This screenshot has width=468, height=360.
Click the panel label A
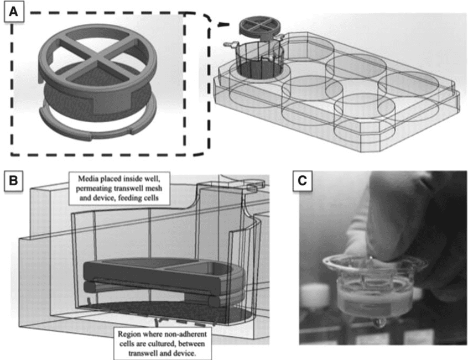(x=14, y=13)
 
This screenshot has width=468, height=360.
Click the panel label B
(x=14, y=179)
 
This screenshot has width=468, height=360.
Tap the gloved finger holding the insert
(x=387, y=221)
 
